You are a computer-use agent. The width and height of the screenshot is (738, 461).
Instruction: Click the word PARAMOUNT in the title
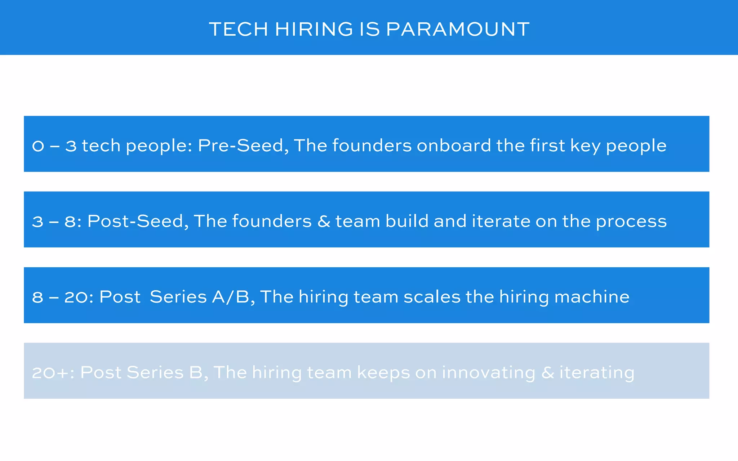pyautogui.click(x=458, y=29)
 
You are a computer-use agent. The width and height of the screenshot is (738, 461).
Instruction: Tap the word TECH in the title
pyautogui.click(x=239, y=29)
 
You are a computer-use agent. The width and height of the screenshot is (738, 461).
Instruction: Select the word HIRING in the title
pyautogui.click(x=314, y=29)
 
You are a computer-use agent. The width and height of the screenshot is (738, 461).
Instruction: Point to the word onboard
pyautogui.click(x=454, y=146)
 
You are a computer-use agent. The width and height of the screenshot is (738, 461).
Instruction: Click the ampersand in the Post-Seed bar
pyautogui.click(x=324, y=221)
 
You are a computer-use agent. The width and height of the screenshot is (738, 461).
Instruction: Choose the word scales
pyautogui.click(x=432, y=297)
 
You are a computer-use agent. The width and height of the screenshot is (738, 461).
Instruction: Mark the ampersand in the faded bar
pyautogui.click(x=547, y=373)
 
